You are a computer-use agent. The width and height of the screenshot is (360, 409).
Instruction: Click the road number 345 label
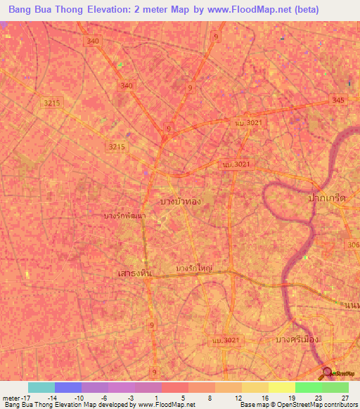click(338, 100)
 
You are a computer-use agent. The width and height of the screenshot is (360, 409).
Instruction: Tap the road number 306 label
click(353, 245)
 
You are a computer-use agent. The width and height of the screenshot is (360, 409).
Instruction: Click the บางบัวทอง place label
click(181, 201)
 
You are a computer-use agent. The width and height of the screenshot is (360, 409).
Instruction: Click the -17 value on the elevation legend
click(22, 398)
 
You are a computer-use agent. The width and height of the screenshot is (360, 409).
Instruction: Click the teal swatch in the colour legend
click(41, 387)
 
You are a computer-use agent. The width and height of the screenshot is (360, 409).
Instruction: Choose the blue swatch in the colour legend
click(67, 387)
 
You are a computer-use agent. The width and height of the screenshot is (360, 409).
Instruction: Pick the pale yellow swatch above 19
click(281, 387)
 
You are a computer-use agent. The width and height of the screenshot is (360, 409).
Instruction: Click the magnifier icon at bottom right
click(327, 374)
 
